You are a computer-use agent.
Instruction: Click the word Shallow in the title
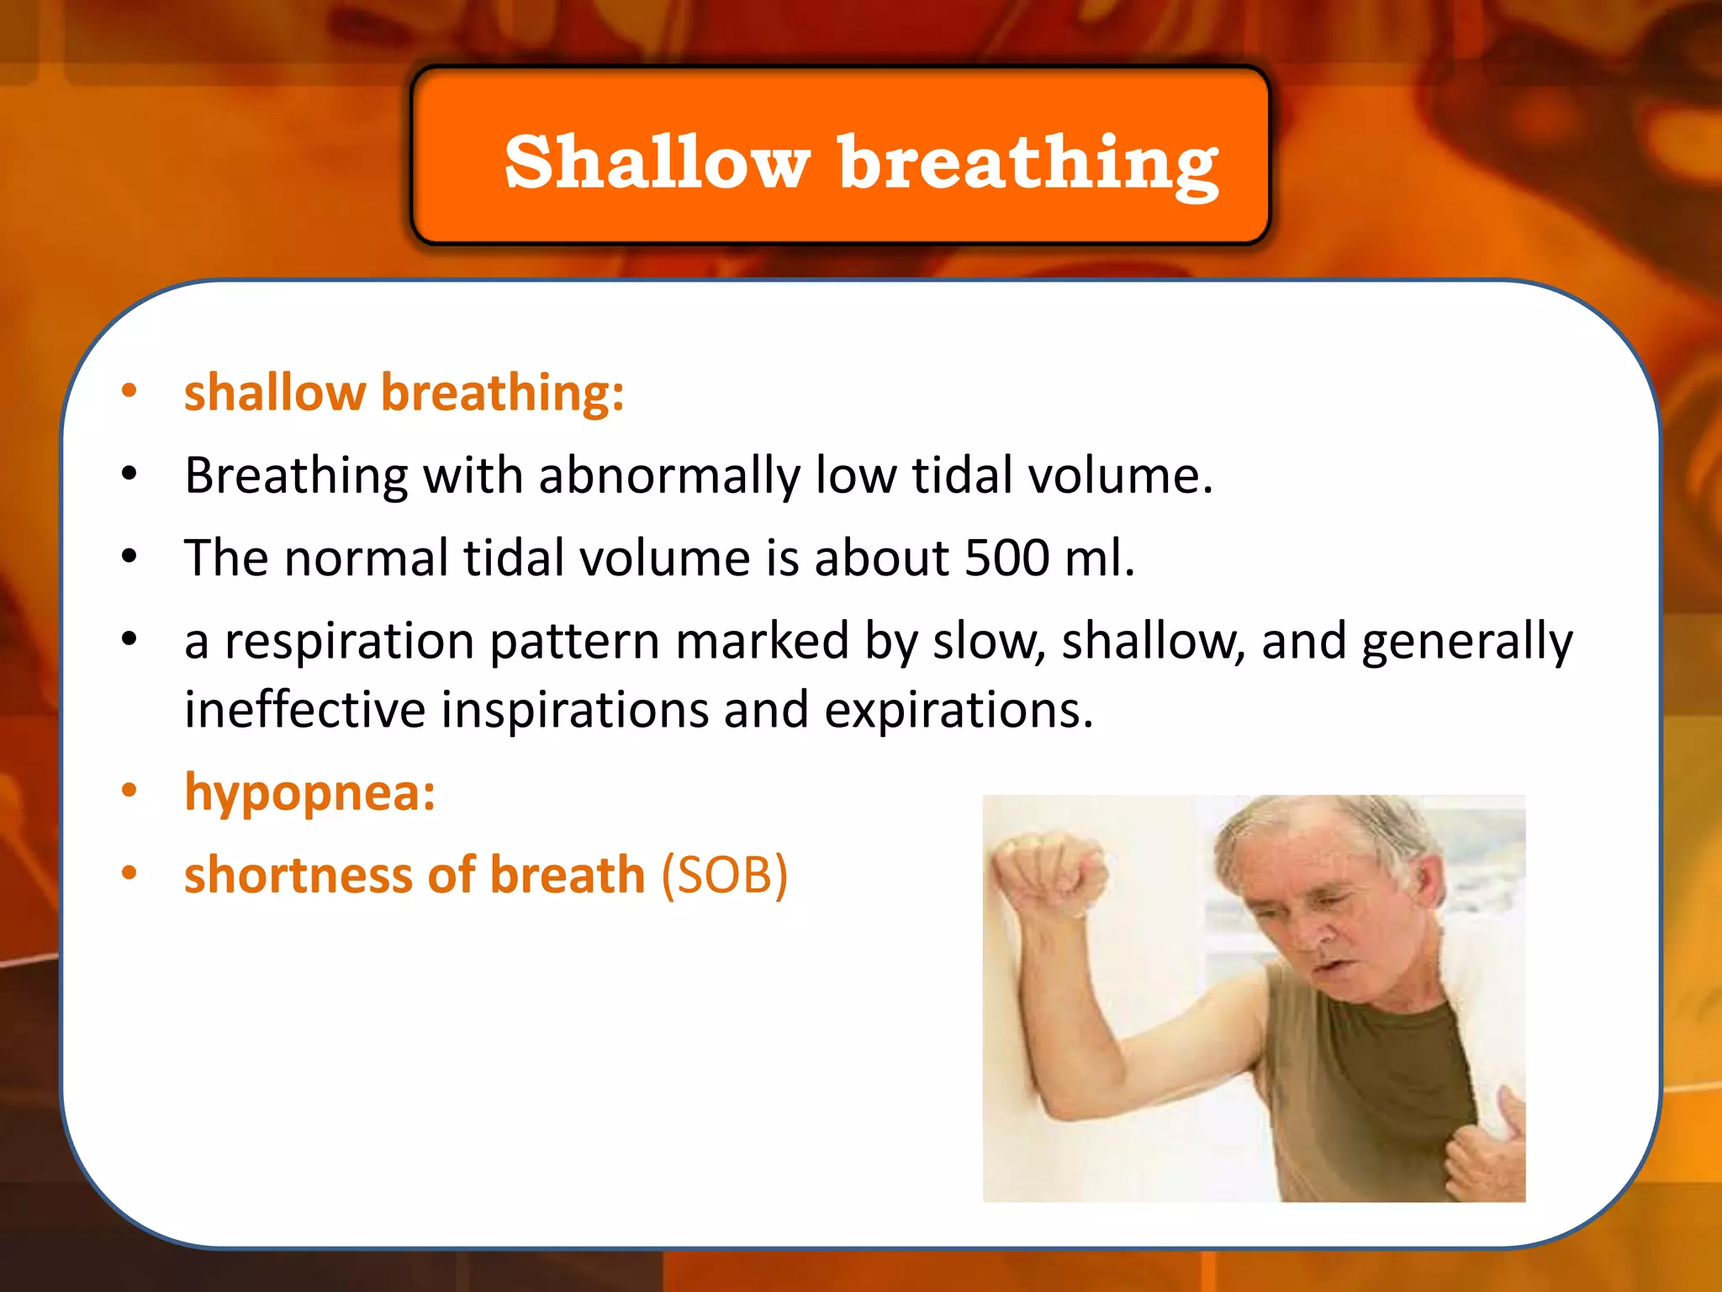(657, 161)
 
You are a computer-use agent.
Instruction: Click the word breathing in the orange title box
(1027, 164)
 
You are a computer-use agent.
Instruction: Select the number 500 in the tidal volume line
(1006, 558)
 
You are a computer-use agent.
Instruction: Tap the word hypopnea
(308, 792)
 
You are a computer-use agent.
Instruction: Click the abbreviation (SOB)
(724, 875)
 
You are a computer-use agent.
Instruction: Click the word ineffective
(304, 709)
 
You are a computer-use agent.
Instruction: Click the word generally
(1466, 641)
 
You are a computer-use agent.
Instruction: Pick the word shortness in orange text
(298, 875)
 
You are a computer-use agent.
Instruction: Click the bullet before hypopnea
(129, 791)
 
